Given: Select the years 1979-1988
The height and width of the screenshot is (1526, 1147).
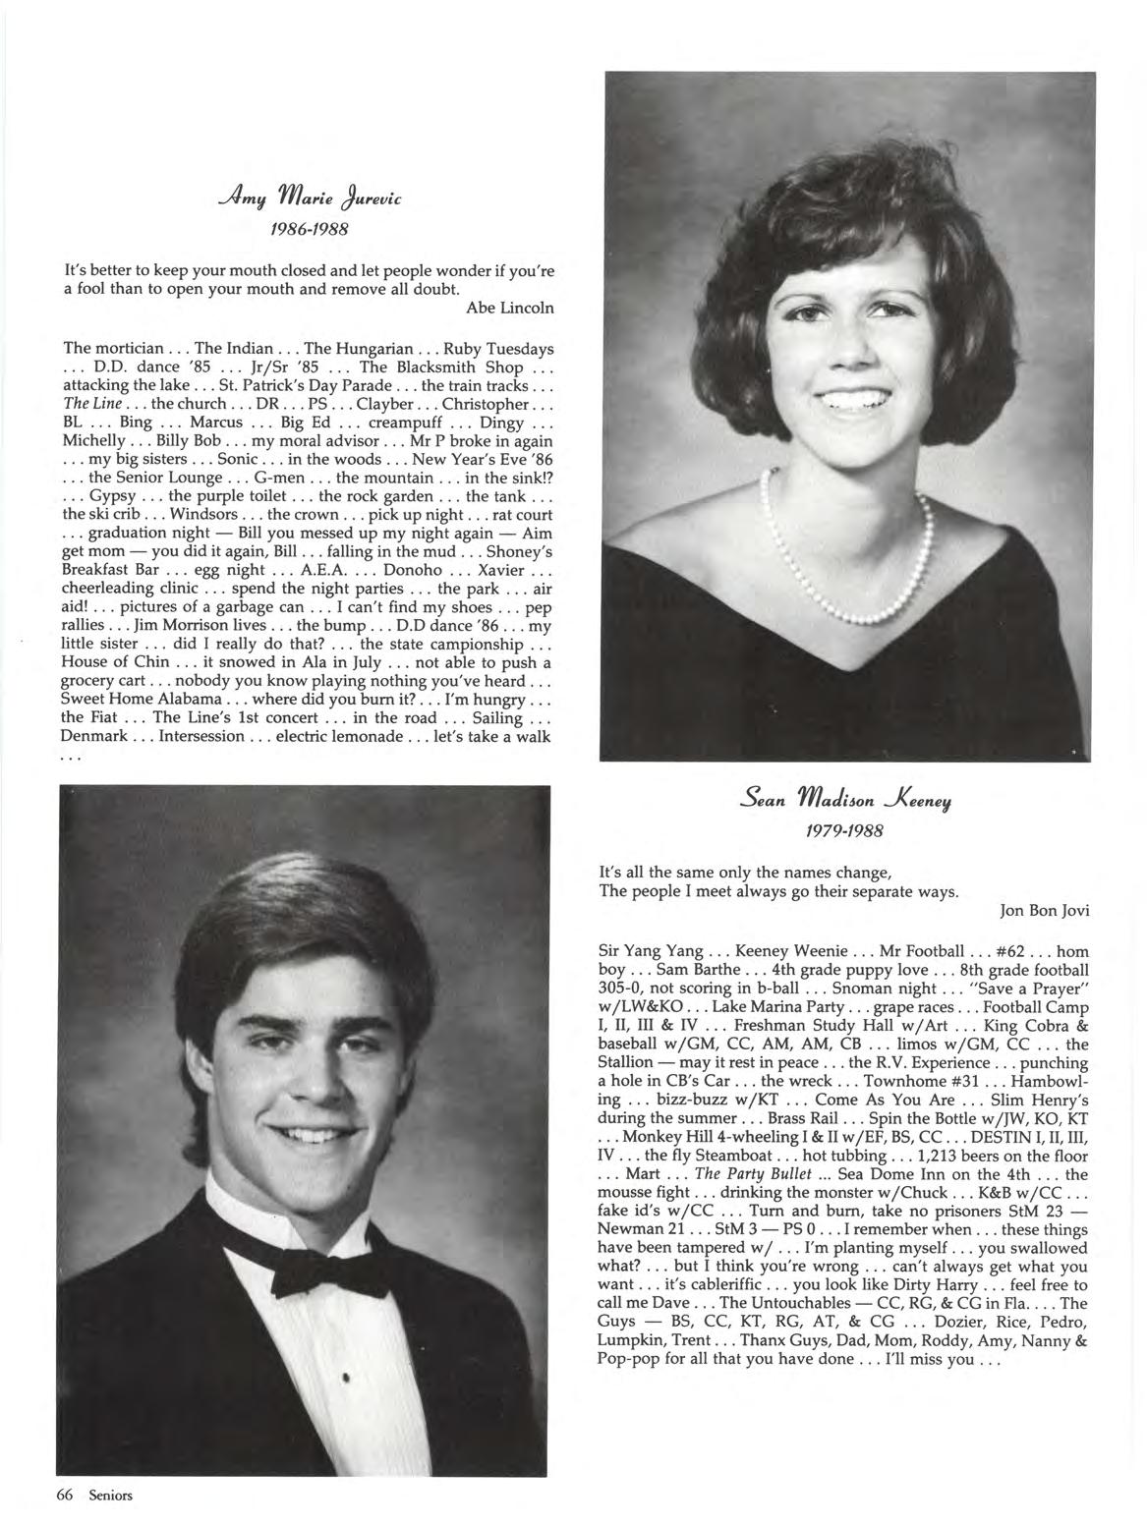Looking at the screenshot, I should [844, 830].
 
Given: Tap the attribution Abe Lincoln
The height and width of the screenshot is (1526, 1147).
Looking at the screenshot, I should [509, 308].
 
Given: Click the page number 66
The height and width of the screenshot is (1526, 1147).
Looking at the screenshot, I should [66, 1496].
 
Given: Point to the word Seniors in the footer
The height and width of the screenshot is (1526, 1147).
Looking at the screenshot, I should [110, 1496].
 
